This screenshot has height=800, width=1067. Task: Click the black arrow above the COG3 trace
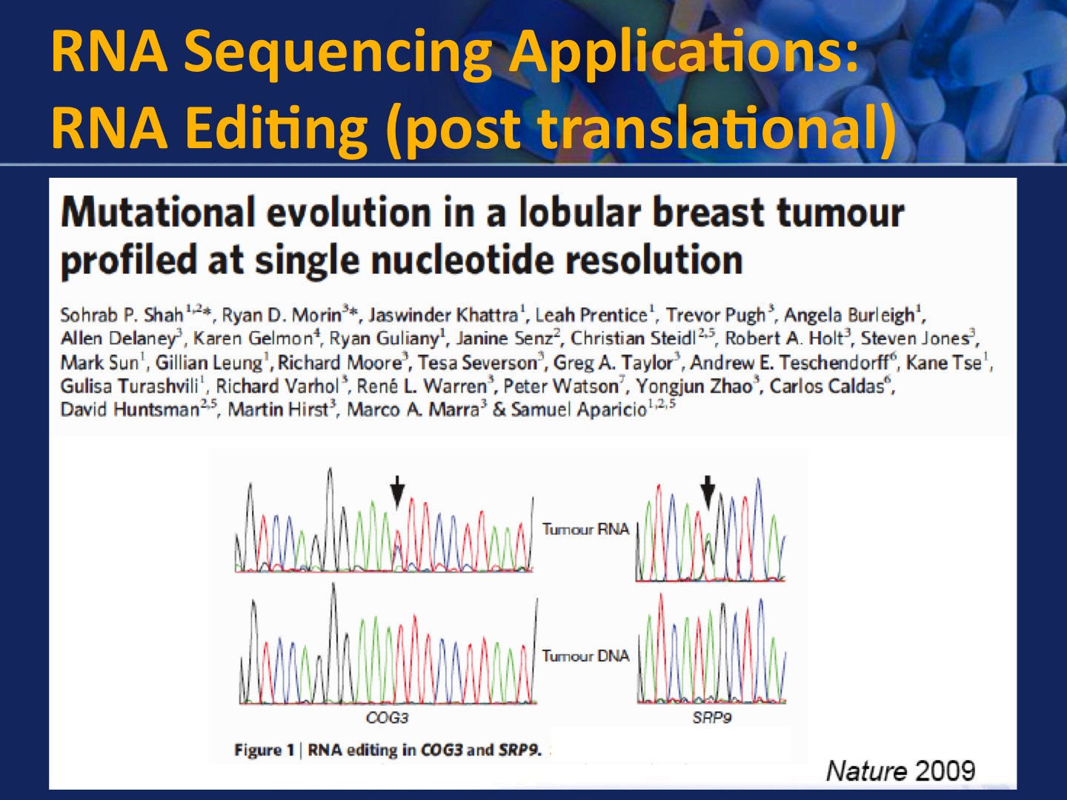(397, 493)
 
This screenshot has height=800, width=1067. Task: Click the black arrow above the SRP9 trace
(708, 493)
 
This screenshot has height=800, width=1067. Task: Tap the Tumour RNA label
(586, 529)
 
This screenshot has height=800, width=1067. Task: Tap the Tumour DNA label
(586, 656)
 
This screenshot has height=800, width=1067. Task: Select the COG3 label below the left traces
(387, 718)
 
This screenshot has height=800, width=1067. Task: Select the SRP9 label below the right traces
(711, 718)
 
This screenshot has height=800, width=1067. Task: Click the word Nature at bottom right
(866, 771)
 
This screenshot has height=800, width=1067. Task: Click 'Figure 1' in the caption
(264, 750)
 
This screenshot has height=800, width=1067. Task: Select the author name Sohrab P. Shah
(122, 316)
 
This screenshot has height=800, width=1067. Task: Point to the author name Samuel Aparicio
(579, 410)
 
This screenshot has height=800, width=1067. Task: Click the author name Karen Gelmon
(253, 338)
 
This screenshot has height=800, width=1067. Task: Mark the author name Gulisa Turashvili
(130, 386)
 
